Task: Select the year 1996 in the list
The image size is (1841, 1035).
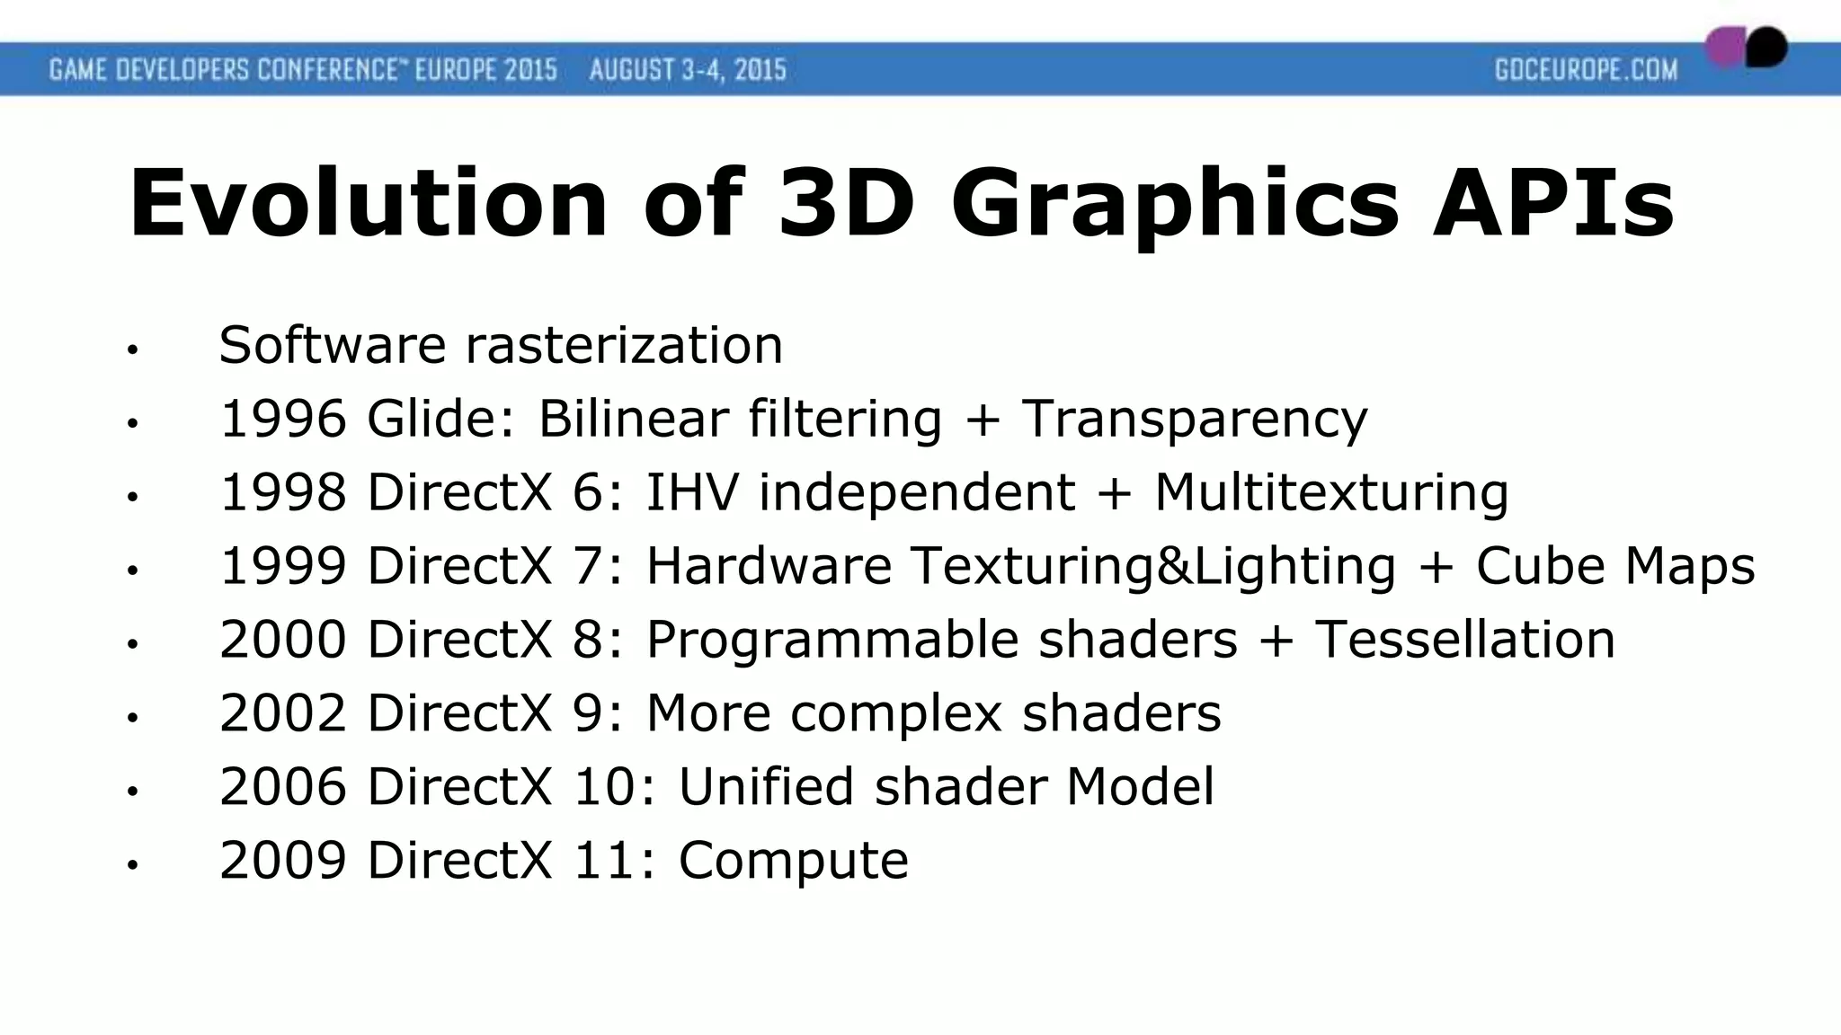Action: pyautogui.click(x=283, y=419)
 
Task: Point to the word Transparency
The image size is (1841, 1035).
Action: pyautogui.click(x=1194, y=419)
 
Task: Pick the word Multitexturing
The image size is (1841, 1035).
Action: pyautogui.click(x=1330, y=492)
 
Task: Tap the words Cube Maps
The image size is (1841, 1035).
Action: pyautogui.click(x=1614, y=566)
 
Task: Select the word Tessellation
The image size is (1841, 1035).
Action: pyautogui.click(x=1464, y=640)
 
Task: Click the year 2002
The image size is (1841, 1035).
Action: pyautogui.click(x=283, y=713)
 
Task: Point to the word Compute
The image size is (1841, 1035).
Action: pyautogui.click(x=793, y=861)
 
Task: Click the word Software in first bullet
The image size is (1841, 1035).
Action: pyautogui.click(x=333, y=345)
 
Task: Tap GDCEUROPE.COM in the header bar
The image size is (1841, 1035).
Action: pyautogui.click(x=1586, y=69)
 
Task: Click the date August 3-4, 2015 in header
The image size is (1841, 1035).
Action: pyautogui.click(x=688, y=69)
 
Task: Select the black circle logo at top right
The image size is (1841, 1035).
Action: pyautogui.click(x=1766, y=47)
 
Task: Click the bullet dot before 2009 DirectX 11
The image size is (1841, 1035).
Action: pyautogui.click(x=132, y=865)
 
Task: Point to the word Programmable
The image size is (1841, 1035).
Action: pyautogui.click(x=832, y=640)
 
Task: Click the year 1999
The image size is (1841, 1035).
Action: pyautogui.click(x=283, y=566)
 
